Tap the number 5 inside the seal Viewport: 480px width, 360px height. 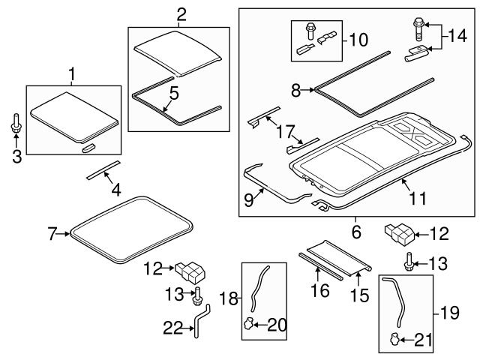pyautogui.click(x=172, y=94)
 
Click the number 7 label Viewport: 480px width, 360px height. pyautogui.click(x=52, y=235)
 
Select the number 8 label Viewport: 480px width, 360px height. pyautogui.click(x=296, y=91)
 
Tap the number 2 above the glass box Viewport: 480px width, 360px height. pyautogui.click(x=180, y=14)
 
